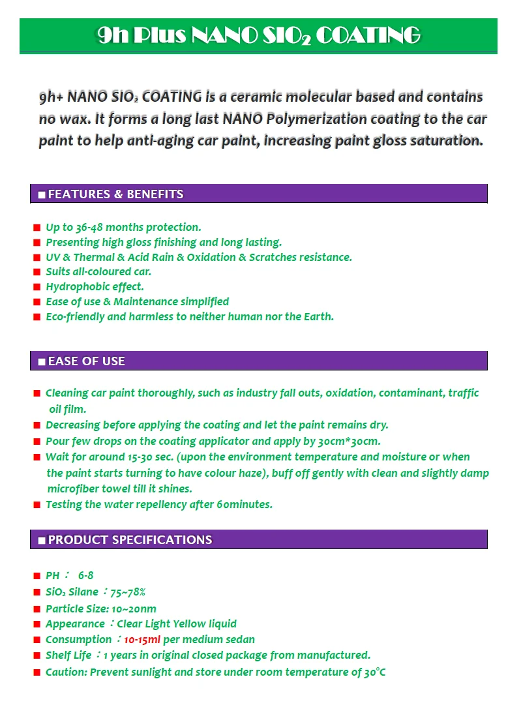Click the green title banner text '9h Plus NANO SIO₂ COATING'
258,35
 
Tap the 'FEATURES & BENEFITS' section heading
115,194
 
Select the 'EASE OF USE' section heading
86,361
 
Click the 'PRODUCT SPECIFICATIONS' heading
130,539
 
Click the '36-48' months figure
89,227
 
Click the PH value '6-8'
85,575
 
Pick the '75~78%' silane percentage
128,592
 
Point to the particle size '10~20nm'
134,609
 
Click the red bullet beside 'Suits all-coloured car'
37,272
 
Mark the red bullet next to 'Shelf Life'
37,655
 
